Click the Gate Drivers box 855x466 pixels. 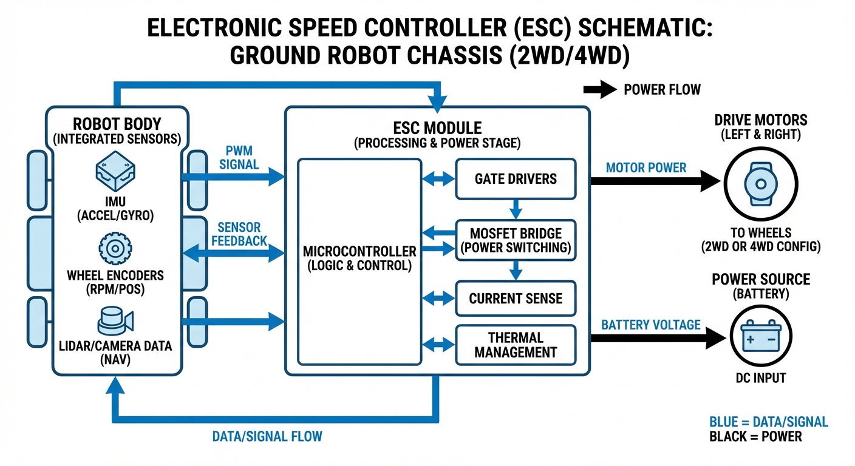(516, 179)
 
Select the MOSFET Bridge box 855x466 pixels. (516, 241)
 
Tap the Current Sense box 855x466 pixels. (516, 298)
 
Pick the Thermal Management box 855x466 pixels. (516, 345)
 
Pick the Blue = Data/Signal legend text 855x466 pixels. (768, 422)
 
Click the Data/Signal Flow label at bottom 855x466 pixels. (267, 436)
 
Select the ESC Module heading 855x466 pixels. (437, 128)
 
